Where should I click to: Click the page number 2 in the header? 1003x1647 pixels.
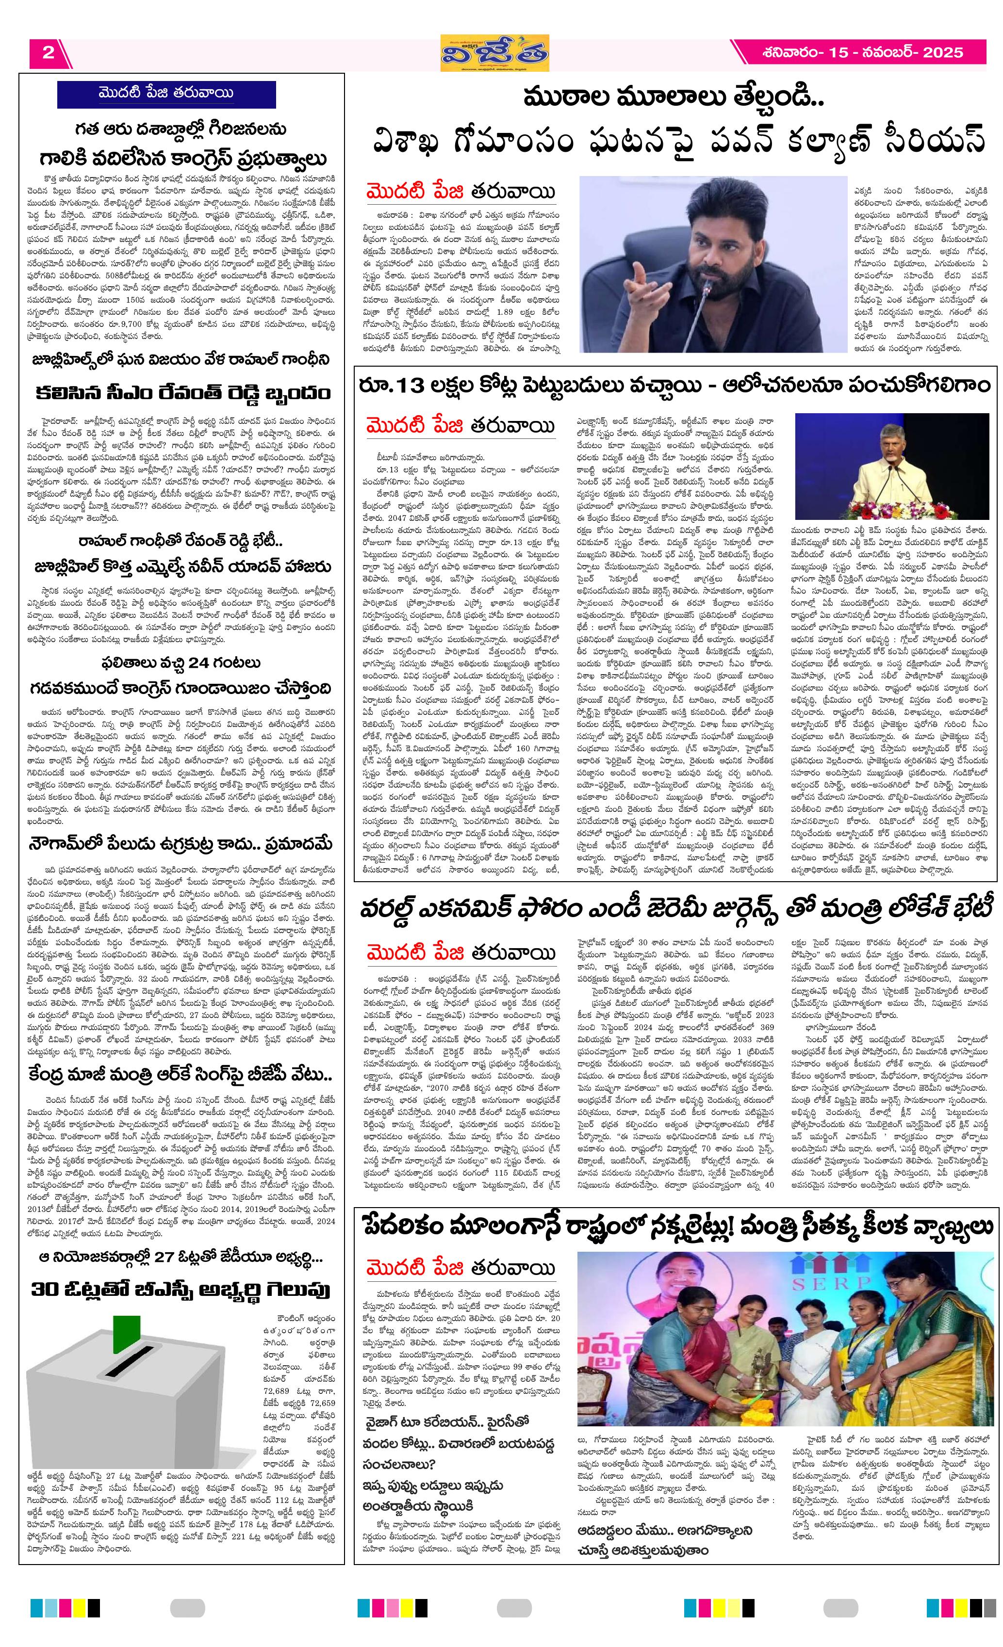48,53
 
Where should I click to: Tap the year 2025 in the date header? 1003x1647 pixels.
943,53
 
